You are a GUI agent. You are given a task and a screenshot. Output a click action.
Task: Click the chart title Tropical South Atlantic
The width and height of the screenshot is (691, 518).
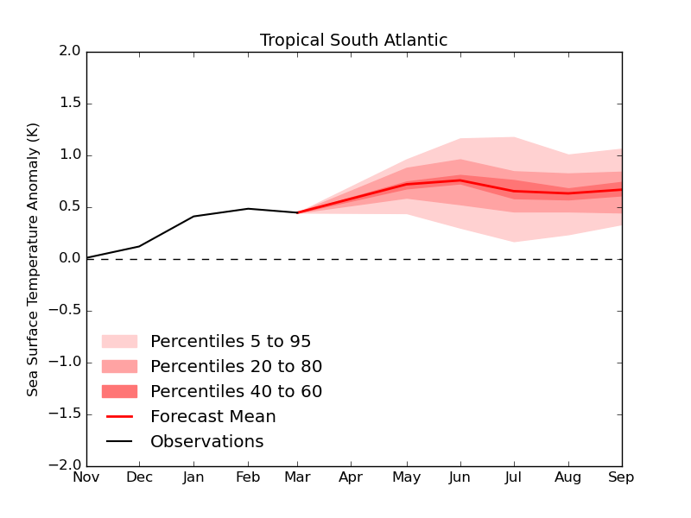353,41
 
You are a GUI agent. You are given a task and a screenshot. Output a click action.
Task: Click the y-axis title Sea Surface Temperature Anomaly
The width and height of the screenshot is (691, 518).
33,259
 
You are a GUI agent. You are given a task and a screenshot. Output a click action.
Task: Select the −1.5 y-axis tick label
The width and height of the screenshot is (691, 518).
65,414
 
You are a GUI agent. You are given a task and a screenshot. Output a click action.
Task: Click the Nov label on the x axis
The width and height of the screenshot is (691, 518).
86,477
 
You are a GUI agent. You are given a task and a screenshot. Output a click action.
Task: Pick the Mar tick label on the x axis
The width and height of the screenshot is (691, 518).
298,477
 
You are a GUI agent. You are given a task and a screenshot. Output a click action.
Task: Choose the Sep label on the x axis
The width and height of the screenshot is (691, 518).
621,477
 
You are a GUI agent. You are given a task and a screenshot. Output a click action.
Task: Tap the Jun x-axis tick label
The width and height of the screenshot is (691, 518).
460,477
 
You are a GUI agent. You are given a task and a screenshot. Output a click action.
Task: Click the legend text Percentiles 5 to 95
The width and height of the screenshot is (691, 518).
231,342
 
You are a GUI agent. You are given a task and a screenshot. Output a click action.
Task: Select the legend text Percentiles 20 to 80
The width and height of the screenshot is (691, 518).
236,367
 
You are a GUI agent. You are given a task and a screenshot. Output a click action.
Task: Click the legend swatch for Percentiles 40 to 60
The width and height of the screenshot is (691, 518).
119,391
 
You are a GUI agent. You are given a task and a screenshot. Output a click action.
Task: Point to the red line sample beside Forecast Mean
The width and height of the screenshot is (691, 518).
119,417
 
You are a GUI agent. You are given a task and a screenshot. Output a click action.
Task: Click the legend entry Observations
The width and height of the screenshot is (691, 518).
206,442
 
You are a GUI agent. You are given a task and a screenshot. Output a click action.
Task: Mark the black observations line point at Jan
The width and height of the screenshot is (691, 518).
193,216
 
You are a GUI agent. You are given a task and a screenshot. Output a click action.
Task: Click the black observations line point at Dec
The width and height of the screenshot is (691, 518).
140,246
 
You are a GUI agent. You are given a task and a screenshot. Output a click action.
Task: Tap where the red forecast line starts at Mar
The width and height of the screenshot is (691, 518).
298,212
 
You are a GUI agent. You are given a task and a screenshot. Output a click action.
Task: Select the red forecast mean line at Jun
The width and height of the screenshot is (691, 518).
460,180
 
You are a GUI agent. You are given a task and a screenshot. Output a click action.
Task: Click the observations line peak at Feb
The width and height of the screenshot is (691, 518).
248,208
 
